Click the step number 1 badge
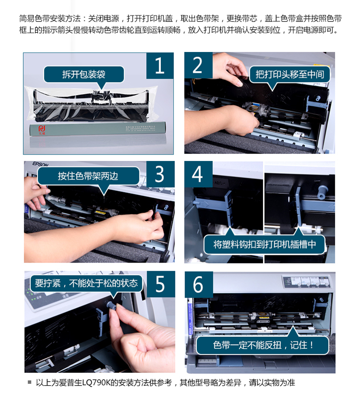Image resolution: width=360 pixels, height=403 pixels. [159, 66]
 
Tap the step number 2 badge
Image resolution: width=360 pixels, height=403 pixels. [197, 66]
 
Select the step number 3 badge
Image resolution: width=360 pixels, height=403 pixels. [159, 174]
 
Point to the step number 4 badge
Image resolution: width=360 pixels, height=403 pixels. [197, 174]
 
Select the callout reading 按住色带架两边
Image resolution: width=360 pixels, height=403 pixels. [88, 176]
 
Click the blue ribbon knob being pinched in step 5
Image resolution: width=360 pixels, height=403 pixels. [110, 305]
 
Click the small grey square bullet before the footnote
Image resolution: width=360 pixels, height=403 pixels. [30, 382]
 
